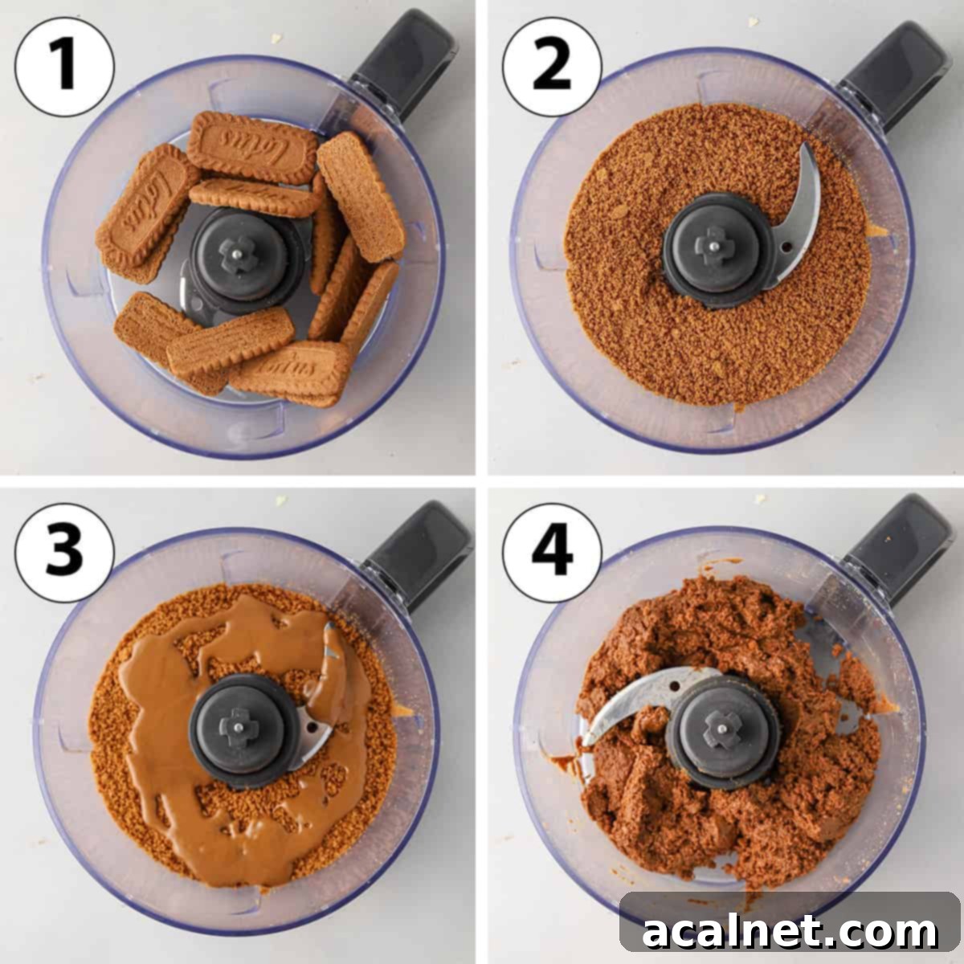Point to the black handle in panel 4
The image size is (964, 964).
(x=897, y=541)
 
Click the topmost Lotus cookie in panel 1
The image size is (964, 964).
(x=253, y=148)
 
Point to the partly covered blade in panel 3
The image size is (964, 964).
(x=325, y=707)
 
